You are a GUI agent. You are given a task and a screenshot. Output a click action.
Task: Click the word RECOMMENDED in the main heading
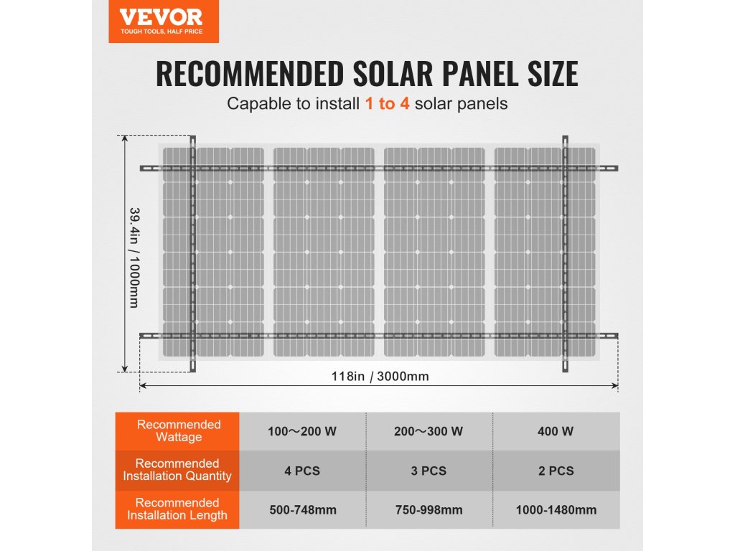(x=248, y=74)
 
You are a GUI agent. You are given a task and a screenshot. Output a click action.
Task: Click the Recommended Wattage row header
(x=179, y=431)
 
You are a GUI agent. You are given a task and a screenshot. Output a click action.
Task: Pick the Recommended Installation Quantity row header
(x=177, y=470)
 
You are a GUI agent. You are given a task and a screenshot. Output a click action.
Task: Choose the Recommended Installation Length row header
(x=177, y=509)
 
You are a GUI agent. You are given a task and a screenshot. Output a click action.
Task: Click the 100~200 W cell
(x=301, y=432)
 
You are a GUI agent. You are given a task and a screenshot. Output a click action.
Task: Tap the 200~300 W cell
(x=429, y=432)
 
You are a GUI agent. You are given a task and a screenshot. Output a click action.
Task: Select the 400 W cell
(x=556, y=432)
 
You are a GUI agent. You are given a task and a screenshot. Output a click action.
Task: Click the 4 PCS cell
(x=301, y=471)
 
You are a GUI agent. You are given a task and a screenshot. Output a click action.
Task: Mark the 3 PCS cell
(x=429, y=471)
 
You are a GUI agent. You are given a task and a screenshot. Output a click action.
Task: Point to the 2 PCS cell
(x=556, y=471)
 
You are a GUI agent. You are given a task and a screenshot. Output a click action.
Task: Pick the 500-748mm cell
(x=301, y=510)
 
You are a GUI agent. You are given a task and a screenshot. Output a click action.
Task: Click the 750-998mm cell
(x=429, y=510)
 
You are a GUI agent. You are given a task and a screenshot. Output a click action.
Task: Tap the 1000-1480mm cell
(x=556, y=510)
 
